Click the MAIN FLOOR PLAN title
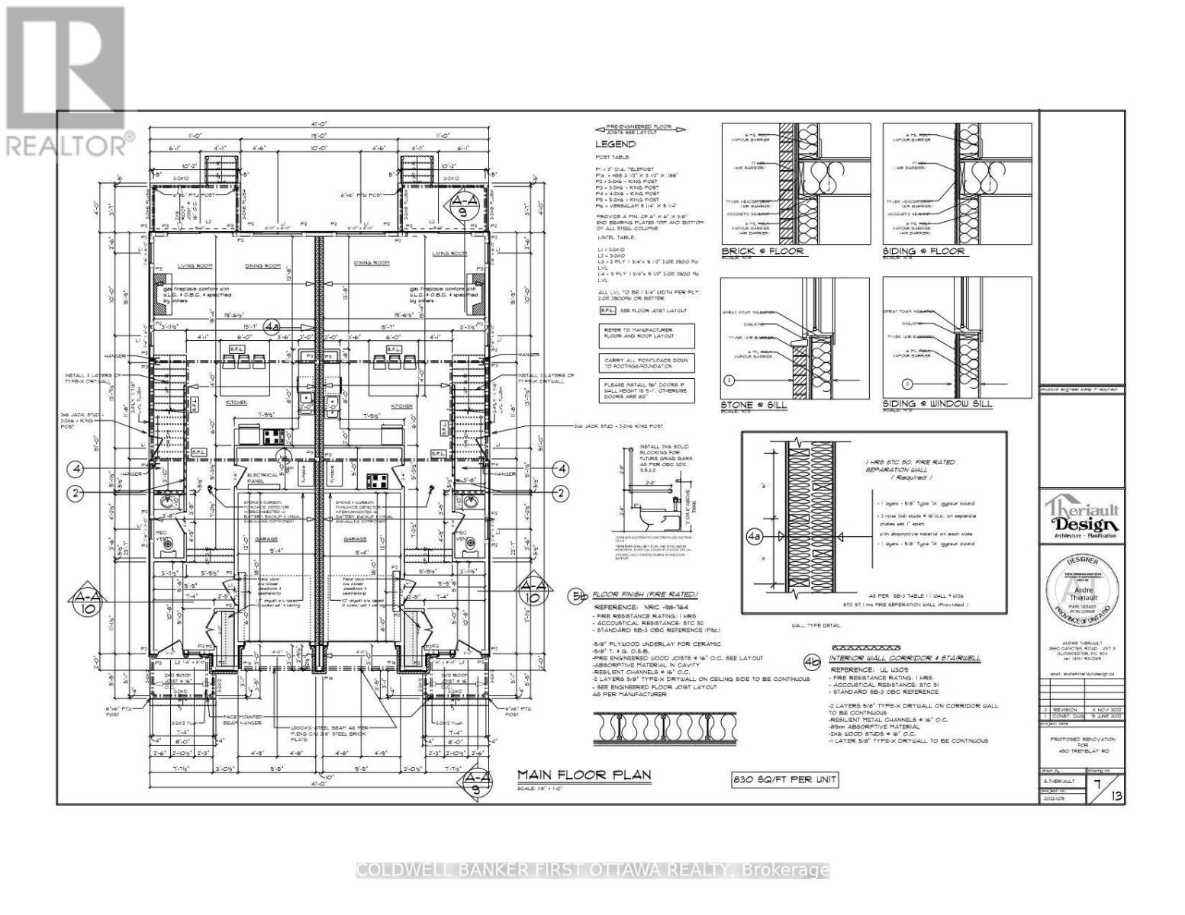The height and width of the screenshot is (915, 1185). pyautogui.click(x=584, y=775)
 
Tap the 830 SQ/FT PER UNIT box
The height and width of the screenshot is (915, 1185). pyautogui.click(x=782, y=779)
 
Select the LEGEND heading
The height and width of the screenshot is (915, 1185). pyautogui.click(x=615, y=144)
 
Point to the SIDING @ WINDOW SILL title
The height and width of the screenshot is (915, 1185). pyautogui.click(x=939, y=403)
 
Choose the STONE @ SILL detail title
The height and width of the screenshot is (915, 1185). pyautogui.click(x=754, y=404)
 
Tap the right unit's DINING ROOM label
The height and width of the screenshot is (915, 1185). pyautogui.click(x=372, y=263)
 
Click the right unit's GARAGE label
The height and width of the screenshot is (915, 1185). pyautogui.click(x=355, y=539)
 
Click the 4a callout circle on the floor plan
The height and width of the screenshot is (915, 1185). pyautogui.click(x=272, y=327)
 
